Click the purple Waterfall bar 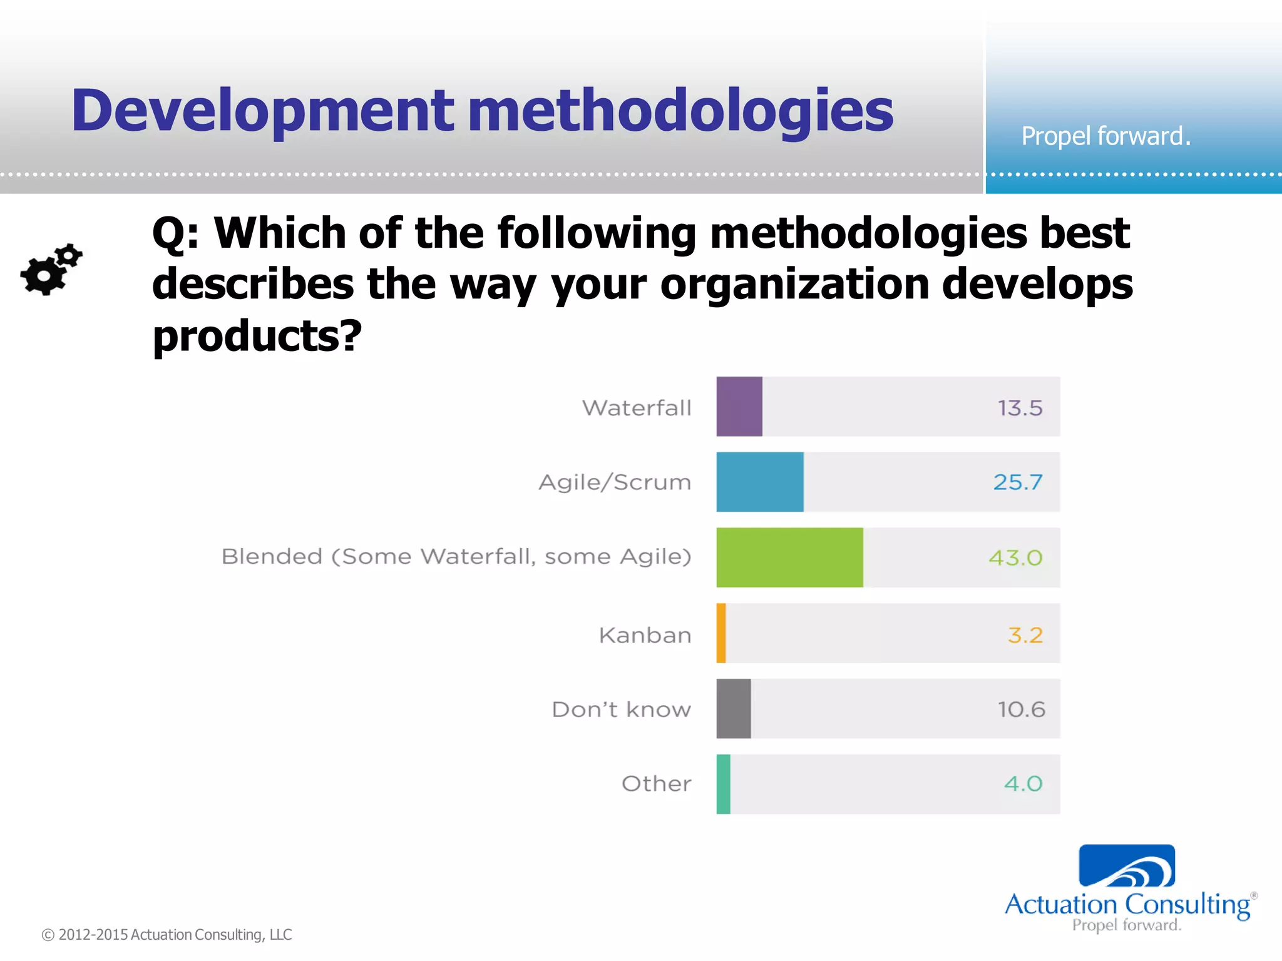[x=739, y=407]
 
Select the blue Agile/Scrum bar [x=760, y=482]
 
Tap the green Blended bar [x=789, y=557]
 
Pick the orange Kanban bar [x=721, y=633]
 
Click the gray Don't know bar [x=734, y=709]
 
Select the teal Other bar [x=724, y=784]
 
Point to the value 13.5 [x=1020, y=408]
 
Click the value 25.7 [x=1018, y=482]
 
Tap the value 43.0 [x=1015, y=557]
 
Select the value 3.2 [x=1025, y=635]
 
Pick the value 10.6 [x=1021, y=709]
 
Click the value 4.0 [x=1023, y=783]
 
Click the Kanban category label [x=645, y=635]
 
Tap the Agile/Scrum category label [x=615, y=482]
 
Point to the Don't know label [x=621, y=709]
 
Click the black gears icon [x=51, y=270]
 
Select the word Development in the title [x=263, y=111]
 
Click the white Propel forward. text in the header [x=1105, y=136]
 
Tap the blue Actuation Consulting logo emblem [x=1127, y=867]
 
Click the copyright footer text [x=167, y=935]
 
